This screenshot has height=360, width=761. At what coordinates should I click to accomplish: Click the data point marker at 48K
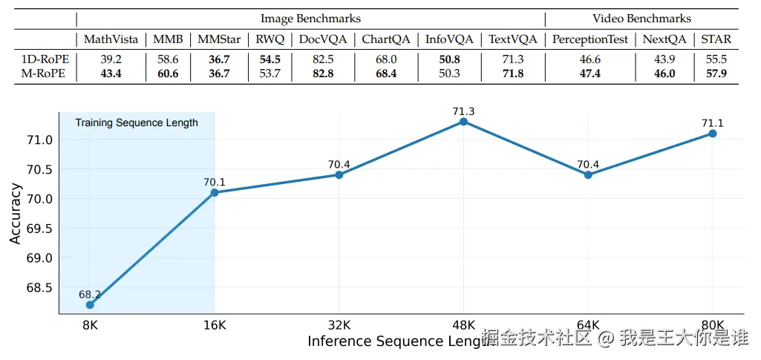tap(463, 122)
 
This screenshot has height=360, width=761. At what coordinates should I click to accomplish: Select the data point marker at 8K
tap(90, 304)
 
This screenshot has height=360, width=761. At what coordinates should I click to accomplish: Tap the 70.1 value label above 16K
tap(215, 181)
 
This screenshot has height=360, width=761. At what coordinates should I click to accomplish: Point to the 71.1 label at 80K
tap(713, 123)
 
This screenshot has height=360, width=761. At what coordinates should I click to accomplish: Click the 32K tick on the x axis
tap(339, 324)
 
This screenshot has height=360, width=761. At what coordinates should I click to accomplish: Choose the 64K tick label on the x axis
tap(588, 324)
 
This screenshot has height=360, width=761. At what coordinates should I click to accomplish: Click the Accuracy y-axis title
tap(15, 215)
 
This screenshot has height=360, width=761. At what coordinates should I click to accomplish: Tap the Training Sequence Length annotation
tap(137, 122)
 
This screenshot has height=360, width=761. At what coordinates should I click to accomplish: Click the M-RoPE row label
tap(44, 73)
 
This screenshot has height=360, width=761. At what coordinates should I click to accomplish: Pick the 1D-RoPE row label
tap(44, 59)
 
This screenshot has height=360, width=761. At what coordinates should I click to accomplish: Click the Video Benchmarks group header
tap(641, 19)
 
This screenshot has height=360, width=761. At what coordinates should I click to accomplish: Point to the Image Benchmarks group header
tap(310, 19)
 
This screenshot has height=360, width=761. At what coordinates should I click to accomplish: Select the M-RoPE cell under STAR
tap(716, 73)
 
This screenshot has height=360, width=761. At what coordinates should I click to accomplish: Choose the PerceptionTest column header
tap(590, 39)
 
